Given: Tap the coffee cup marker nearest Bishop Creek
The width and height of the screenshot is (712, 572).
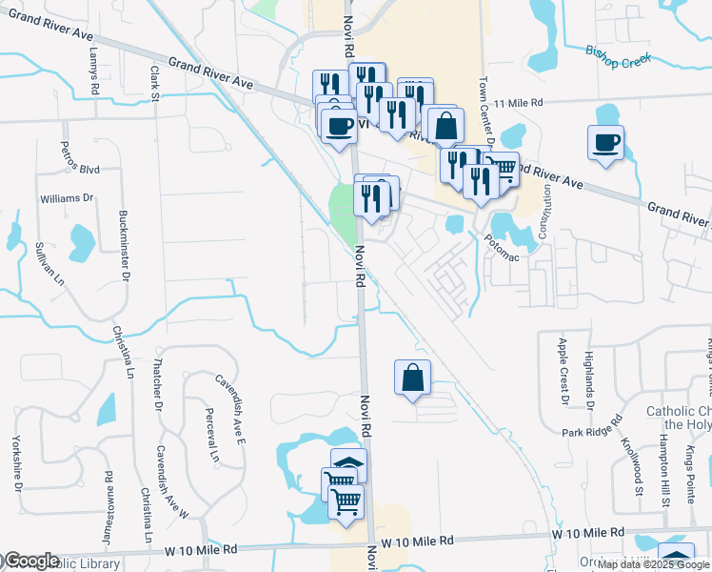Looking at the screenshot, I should coord(605,143).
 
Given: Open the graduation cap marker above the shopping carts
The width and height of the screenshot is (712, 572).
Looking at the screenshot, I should coord(348,464).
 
